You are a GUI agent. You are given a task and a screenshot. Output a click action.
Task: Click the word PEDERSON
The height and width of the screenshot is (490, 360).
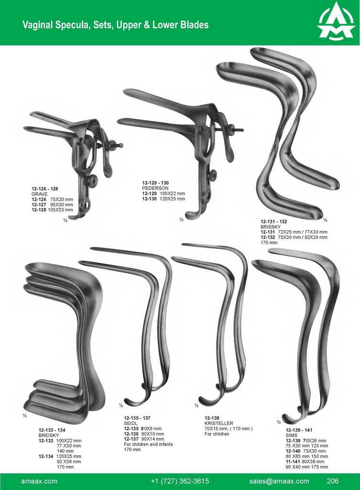tap(155, 188)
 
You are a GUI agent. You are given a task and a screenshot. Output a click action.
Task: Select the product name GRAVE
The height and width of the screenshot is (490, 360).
tap(40, 194)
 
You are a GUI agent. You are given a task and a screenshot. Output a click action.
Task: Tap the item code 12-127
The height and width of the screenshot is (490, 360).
tap(39, 205)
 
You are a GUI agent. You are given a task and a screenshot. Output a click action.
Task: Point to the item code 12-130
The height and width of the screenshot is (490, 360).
tap(150, 199)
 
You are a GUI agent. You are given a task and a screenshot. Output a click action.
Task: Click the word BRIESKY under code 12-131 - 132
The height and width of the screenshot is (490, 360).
tap(271, 227)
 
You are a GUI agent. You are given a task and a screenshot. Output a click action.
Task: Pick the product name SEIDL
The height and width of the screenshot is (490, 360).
tap(131, 423)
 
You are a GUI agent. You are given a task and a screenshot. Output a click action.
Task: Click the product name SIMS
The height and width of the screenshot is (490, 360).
tap(292, 435)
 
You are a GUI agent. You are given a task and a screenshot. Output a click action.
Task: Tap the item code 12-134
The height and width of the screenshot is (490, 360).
tap(46, 456)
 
